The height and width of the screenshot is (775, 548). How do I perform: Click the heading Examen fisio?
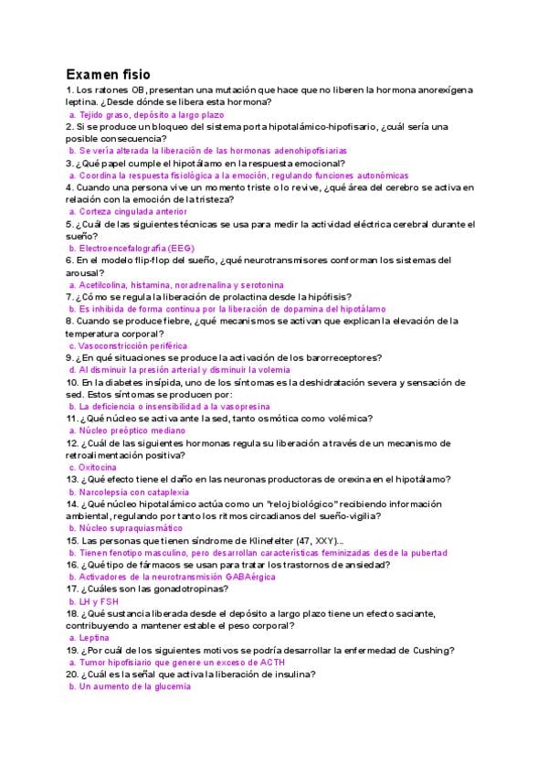(108, 73)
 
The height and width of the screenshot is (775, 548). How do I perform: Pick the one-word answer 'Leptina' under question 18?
(94, 637)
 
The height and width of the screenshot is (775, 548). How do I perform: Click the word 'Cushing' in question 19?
(431, 650)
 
